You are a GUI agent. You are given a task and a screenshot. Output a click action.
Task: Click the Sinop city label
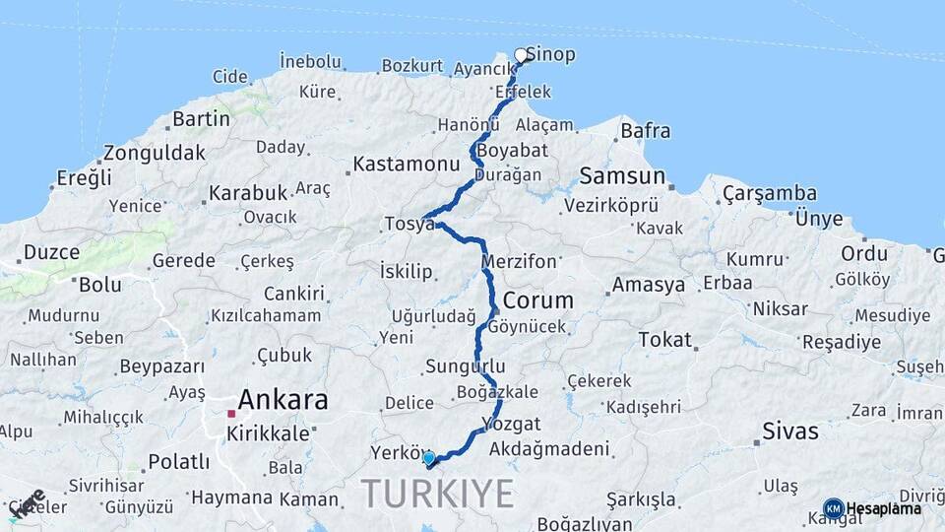pos(551,54)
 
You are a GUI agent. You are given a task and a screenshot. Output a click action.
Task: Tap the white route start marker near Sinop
pos(522,55)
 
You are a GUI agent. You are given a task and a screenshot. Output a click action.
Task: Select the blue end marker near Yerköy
pos(429,457)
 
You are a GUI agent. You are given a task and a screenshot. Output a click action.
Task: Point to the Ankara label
pos(283,399)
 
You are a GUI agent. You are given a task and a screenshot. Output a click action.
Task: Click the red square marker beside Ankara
pos(231,414)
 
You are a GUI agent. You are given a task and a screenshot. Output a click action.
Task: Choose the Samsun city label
pos(622,176)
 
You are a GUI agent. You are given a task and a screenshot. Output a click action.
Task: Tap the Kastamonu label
pos(407,164)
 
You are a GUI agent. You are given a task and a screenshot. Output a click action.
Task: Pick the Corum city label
pos(538,300)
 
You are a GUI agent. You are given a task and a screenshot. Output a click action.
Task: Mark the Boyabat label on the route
pos(512,151)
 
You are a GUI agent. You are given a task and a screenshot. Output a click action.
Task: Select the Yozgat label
pos(512,424)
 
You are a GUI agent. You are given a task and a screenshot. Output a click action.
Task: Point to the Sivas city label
pos(790,431)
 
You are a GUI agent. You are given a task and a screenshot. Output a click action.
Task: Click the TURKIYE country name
pos(438,492)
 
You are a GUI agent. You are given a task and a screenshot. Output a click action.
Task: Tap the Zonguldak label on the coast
pos(155,153)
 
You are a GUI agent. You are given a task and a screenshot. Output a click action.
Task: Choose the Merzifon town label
pos(520,262)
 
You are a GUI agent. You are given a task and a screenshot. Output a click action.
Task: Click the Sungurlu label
pos(466,366)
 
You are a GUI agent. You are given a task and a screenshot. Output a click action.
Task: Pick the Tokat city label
pos(665,339)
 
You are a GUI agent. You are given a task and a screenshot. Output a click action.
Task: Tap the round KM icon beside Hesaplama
pos(833,509)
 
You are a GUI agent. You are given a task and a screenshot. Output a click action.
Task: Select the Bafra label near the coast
pos(646,130)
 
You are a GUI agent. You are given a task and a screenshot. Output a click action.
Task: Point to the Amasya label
pos(649,285)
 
